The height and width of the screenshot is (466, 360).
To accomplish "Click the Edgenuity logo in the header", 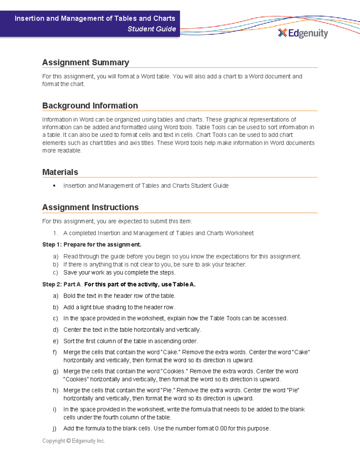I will coord(303,33).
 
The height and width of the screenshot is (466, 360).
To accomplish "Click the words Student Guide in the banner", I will coord(151,29).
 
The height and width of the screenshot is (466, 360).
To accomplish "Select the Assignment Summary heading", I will coord(85,62).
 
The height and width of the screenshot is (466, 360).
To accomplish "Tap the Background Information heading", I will coord(90,106).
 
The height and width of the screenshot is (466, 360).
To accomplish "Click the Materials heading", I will coord(60,172).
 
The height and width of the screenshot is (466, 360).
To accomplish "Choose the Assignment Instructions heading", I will coord(90,207).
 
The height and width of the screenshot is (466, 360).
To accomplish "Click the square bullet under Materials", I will coord(54,186).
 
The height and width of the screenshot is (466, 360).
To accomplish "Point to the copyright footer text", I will coord(73,441).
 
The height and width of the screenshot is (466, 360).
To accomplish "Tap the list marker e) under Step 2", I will coord(55,341).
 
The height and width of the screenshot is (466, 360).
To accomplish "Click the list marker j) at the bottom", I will coord(55,428).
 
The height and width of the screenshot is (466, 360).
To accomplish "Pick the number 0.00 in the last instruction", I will coord(221,428).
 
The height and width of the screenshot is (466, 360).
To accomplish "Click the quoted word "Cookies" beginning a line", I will coord(76,379).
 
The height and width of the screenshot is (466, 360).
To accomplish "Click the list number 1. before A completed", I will coord(55,233).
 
